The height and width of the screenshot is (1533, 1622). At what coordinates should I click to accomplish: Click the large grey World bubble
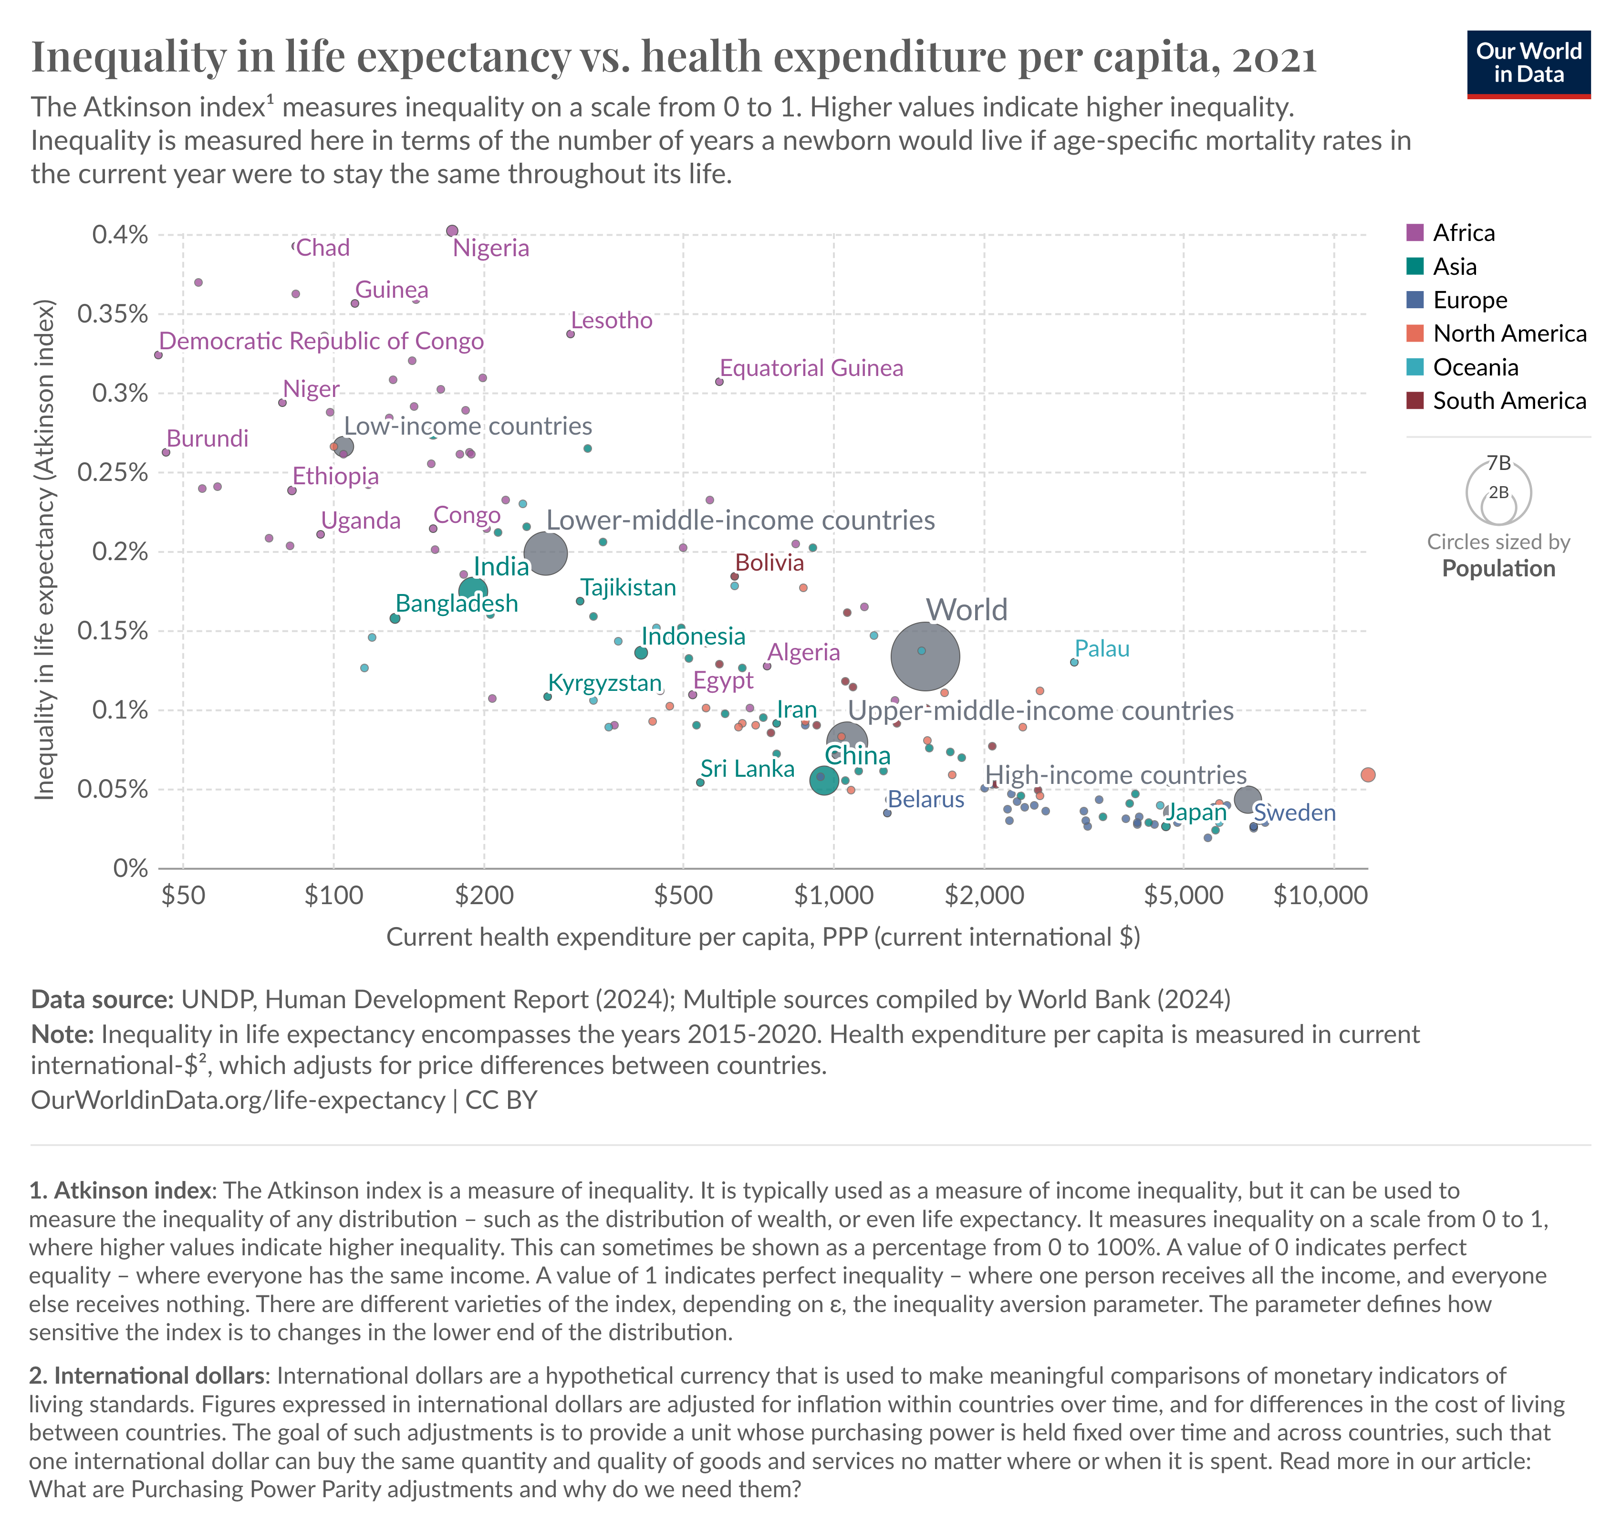925,656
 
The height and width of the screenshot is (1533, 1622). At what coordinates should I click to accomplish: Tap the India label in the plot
501,566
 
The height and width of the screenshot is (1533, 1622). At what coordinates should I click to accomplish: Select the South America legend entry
1496,400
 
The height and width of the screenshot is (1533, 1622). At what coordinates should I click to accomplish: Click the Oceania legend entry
1463,367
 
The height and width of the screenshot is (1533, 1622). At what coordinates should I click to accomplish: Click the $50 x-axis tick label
183,896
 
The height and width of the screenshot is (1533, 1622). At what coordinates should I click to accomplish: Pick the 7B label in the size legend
1498,463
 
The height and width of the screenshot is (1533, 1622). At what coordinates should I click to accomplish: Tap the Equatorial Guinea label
811,368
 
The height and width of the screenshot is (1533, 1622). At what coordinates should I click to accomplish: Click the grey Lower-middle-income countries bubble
545,553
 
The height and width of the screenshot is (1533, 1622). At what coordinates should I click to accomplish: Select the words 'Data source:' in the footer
102,1000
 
